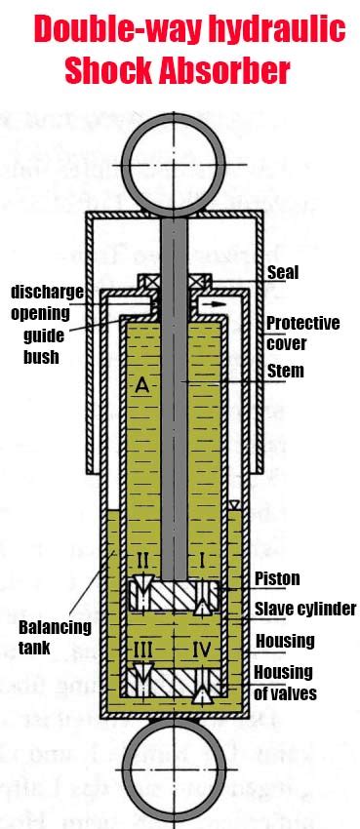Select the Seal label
(x=283, y=273)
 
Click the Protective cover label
(x=302, y=333)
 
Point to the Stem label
(x=285, y=371)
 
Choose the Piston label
(x=277, y=579)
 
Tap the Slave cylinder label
(x=304, y=610)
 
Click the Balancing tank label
(x=55, y=635)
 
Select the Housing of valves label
(x=283, y=683)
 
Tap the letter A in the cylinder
(x=142, y=386)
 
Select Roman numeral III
(x=142, y=649)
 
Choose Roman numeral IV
(x=203, y=649)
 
